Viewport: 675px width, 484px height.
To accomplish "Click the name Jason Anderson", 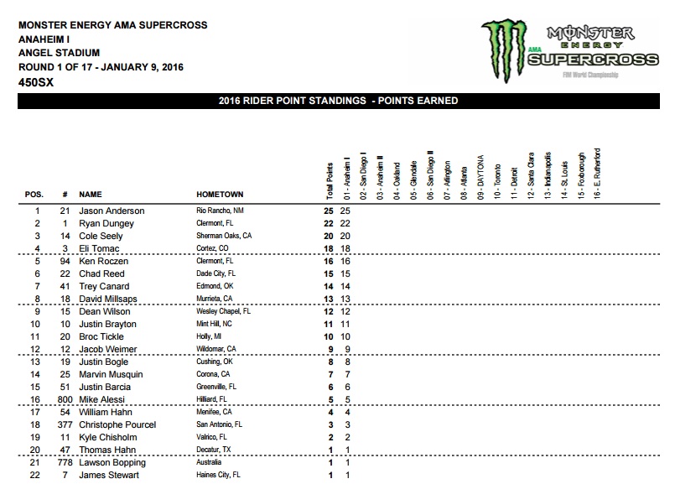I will pyautogui.click(x=112, y=211).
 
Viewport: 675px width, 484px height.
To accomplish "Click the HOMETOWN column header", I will pyautogui.click(x=220, y=194).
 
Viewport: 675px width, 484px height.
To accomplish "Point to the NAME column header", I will pyautogui.click(x=91, y=194).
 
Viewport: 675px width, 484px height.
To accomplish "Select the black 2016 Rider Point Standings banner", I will pyautogui.click(x=337, y=101).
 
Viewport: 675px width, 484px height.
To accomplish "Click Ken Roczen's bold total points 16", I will pyautogui.click(x=330, y=263).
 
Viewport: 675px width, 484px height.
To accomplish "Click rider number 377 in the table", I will pyautogui.click(x=63, y=425).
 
